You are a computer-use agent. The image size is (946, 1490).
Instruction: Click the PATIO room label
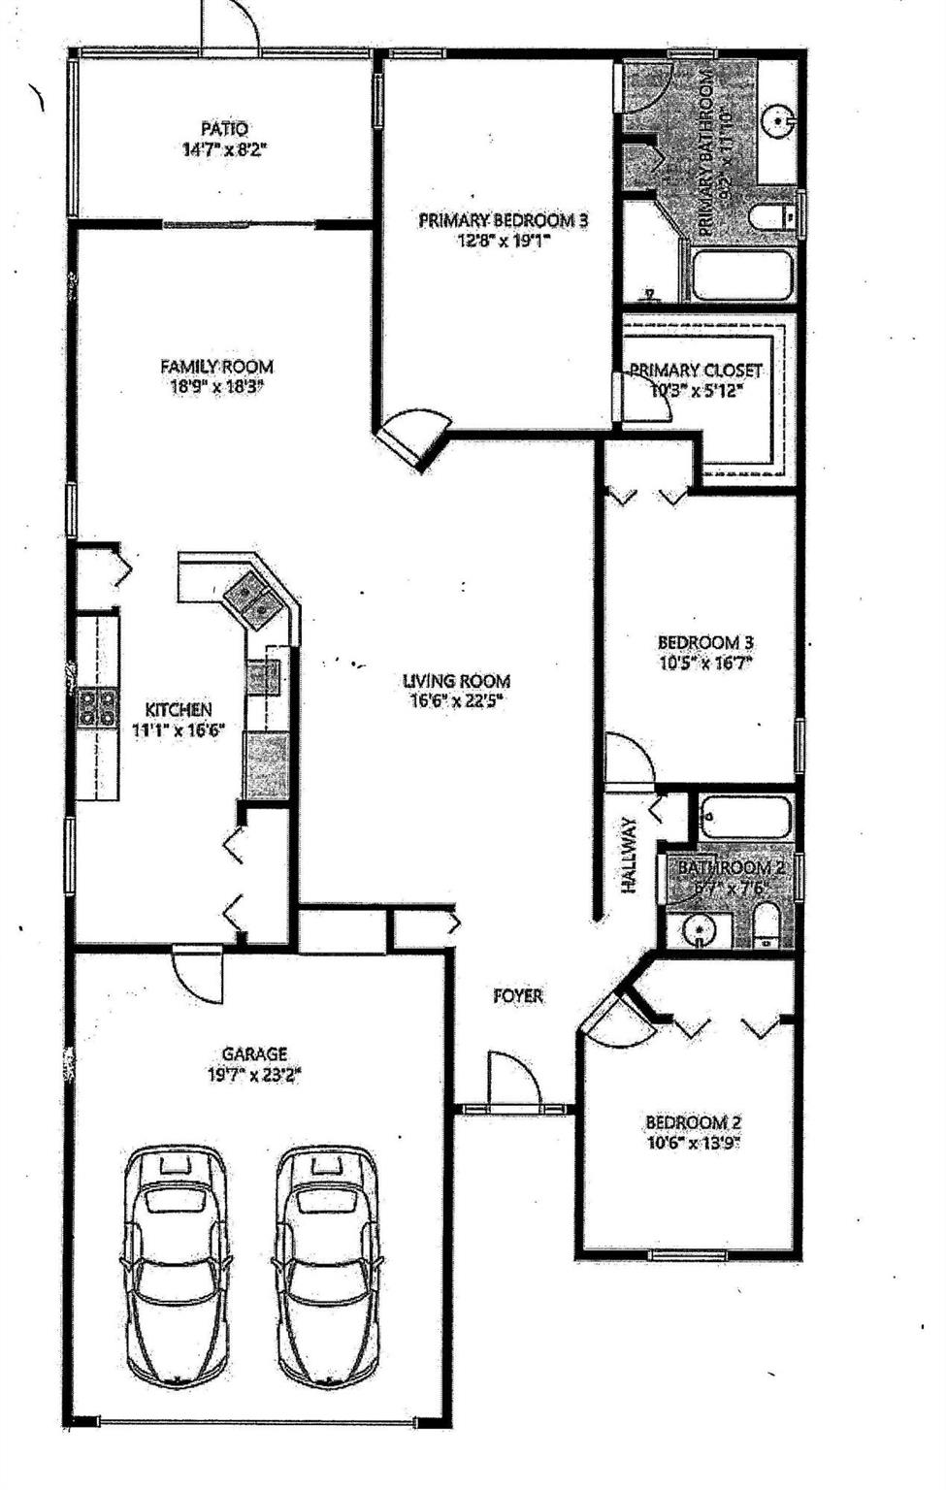224,128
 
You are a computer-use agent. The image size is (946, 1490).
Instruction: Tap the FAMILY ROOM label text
216,367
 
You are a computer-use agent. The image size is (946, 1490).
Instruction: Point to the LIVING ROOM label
456,681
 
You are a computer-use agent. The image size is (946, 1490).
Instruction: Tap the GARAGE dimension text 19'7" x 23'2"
254,1074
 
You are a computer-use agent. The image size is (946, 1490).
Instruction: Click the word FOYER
518,995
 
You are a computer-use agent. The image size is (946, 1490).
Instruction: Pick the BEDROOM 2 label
694,1122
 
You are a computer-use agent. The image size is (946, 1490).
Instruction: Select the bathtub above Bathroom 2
744,817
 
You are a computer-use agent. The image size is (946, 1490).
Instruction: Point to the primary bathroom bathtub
742,275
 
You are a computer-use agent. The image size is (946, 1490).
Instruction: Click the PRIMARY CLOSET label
696,371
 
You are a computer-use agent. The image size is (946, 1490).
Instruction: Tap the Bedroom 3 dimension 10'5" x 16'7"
705,664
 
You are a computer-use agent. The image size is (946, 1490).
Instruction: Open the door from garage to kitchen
198,974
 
